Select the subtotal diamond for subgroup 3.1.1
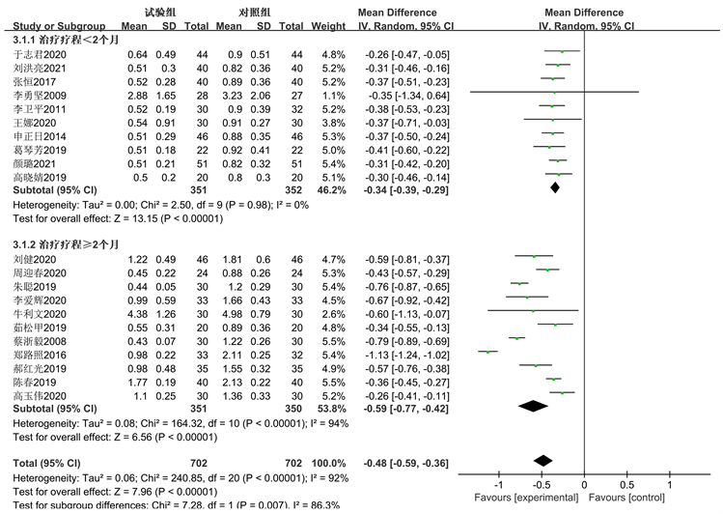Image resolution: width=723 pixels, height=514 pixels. [x=554, y=186]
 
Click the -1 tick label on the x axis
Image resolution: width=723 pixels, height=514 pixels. [x=498, y=484]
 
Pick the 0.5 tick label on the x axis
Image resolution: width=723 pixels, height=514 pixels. [x=626, y=484]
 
